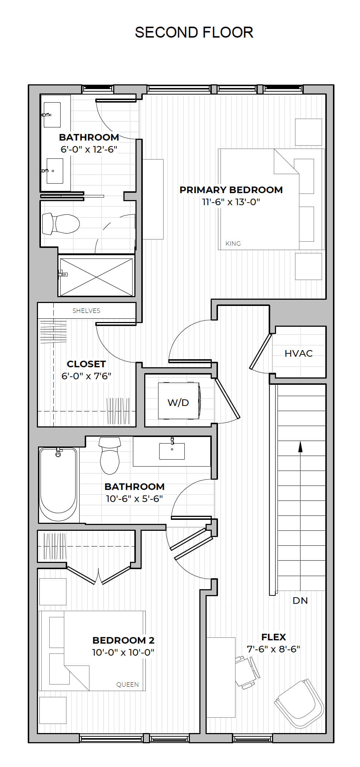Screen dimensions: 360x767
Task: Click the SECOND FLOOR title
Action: (x=194, y=32)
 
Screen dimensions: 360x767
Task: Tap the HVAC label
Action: (x=299, y=353)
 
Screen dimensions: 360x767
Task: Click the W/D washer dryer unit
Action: (x=179, y=400)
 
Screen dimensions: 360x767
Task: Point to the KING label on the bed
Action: (x=233, y=243)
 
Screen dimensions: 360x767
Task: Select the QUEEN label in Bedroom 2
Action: (x=127, y=684)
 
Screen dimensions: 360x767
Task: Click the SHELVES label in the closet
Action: (x=86, y=311)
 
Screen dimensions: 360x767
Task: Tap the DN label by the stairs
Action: (x=300, y=601)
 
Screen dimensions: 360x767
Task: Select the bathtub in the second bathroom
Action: (x=58, y=485)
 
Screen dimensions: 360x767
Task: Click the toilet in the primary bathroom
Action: (x=61, y=224)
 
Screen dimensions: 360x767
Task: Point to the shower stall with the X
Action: (x=96, y=277)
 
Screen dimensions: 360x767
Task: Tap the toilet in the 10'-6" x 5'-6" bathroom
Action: (x=110, y=456)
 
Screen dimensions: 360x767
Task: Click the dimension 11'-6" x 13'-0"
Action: (x=231, y=202)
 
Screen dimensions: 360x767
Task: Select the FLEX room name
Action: (x=273, y=637)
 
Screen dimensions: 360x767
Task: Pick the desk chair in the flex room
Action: (x=247, y=672)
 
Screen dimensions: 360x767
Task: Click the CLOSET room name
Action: (x=86, y=364)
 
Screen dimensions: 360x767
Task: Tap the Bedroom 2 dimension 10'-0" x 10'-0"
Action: (x=123, y=652)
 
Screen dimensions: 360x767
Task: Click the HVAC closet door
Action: (x=261, y=352)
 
